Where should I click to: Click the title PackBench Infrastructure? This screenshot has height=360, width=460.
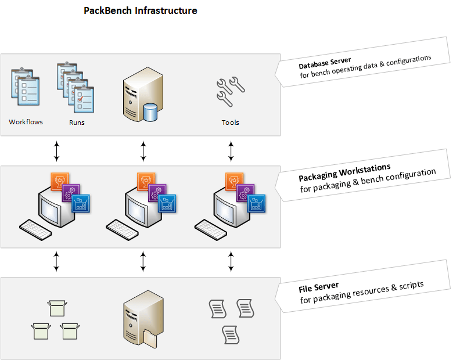coord(141,10)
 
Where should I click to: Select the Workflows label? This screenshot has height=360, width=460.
coord(26,123)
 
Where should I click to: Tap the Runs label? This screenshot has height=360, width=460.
coord(77,123)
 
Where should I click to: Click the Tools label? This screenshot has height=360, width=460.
coord(231,123)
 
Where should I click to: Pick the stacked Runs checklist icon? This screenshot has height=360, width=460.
coord(76,88)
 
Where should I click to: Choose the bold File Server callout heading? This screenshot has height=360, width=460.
coord(319,286)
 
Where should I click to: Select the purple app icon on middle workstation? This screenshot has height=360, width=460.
coord(157,193)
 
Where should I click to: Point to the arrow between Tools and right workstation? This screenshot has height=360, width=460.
coord(231,150)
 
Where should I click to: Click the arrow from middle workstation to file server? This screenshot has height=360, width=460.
coord(143,261)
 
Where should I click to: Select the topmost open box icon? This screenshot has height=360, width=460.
coord(57,307)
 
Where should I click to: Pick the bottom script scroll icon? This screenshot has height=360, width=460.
coord(231,334)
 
